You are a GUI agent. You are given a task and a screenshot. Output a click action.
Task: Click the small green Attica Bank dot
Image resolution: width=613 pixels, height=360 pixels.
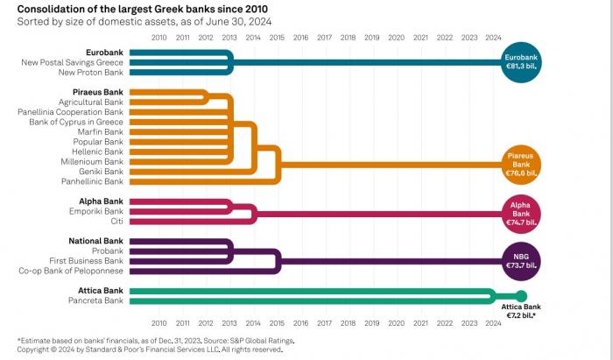click(x=521, y=295)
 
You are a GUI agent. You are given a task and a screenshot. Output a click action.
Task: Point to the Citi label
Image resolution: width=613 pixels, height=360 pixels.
click(x=116, y=221)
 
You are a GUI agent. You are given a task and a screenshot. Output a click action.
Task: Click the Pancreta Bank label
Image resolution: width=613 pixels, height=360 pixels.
click(x=96, y=300)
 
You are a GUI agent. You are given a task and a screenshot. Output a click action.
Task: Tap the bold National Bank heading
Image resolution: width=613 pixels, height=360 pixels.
click(x=96, y=240)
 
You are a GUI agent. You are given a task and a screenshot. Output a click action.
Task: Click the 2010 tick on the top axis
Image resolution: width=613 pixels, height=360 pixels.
click(x=159, y=38)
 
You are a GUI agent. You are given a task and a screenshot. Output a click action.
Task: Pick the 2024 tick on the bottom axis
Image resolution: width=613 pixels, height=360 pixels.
click(x=493, y=321)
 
